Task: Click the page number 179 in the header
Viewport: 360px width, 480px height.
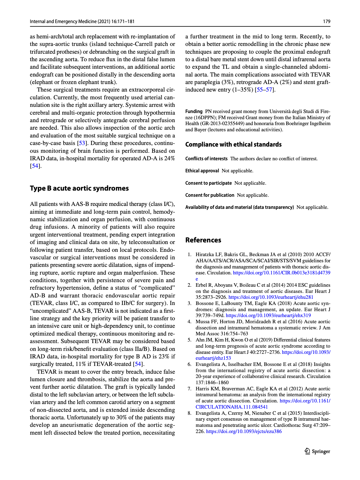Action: pyautogui.click(x=326, y=21)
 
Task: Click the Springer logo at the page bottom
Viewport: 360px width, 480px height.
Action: pyautogui.click(x=318, y=451)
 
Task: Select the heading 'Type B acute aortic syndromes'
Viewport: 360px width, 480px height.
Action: pyautogui.click(x=79, y=188)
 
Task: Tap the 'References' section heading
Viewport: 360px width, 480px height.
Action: pyautogui.click(x=203, y=240)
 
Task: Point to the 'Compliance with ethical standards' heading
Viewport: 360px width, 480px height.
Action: pyautogui.click(x=233, y=144)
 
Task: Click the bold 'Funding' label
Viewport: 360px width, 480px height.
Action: pyautogui.click(x=194, y=111)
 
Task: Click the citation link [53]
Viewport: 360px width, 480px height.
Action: pyautogui.click(x=82, y=143)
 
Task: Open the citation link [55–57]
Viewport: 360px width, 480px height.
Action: pyautogui.click(x=265, y=90)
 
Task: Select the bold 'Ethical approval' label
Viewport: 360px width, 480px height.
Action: pyautogui.click(x=202, y=171)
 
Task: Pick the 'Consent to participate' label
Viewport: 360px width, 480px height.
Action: pyautogui.click(x=208, y=183)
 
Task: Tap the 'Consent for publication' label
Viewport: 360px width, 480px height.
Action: pyautogui.click(x=210, y=195)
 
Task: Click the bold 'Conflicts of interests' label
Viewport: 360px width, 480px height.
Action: pyautogui.click(x=206, y=159)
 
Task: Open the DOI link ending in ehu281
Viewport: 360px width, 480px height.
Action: pyautogui.click(x=271, y=297)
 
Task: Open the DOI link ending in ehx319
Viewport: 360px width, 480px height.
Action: pyautogui.click(x=268, y=315)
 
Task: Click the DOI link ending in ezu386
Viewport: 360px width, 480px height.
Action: pyautogui.click(x=244, y=431)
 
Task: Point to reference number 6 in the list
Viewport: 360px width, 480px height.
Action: pyautogui.click(x=189, y=364)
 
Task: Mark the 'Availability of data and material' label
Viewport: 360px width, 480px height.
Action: pyautogui.click(x=240, y=207)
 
